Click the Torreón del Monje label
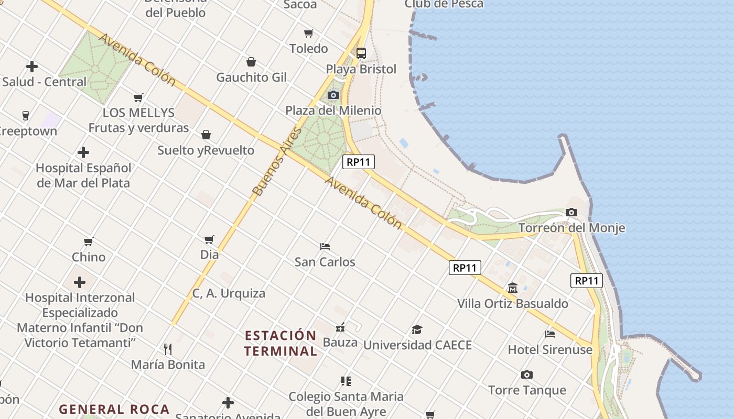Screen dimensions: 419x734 [x=571, y=228]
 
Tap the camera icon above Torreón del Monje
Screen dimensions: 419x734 [x=571, y=213]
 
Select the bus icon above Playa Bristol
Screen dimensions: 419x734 [x=361, y=53]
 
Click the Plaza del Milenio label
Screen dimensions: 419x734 [x=333, y=111]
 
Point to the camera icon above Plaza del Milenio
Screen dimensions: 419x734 [x=333, y=95]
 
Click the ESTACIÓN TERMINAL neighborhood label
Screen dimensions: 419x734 [x=280, y=343]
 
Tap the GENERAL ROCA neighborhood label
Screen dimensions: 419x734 [x=114, y=409]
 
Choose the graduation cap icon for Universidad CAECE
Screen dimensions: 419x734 [x=417, y=329]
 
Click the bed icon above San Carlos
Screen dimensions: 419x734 [x=325, y=246]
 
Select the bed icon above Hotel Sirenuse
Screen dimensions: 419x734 [x=550, y=334]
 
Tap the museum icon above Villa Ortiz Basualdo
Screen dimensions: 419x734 [x=513, y=288]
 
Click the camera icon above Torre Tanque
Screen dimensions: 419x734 [x=527, y=374]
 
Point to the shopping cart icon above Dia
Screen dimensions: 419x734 [x=209, y=239]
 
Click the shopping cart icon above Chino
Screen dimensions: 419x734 [x=89, y=241]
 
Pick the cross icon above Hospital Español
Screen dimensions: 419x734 [x=83, y=153]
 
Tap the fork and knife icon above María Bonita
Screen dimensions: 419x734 [x=168, y=349]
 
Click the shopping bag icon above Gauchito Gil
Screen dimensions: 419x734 [x=251, y=62]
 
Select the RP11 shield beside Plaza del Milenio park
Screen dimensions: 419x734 [x=359, y=162]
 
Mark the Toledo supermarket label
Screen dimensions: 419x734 [x=309, y=49]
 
